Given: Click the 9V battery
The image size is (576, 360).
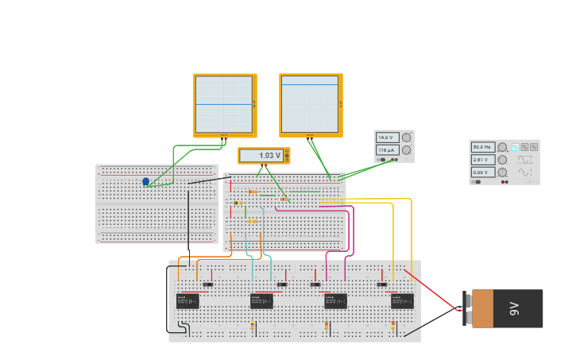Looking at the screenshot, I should pyautogui.click(x=507, y=308).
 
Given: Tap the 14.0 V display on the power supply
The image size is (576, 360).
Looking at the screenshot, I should pyautogui.click(x=387, y=137).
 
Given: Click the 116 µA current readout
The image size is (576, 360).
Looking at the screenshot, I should pyautogui.click(x=387, y=149).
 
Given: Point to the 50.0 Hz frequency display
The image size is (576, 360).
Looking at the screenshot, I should pyautogui.click(x=482, y=147).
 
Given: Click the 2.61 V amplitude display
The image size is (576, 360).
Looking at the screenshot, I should pyautogui.click(x=482, y=160).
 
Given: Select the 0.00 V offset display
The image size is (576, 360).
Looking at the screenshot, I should pyautogui.click(x=482, y=172).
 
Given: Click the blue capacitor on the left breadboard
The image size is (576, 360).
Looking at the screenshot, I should pyautogui.click(x=145, y=182).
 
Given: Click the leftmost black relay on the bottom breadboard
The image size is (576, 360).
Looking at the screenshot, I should pyautogui.click(x=187, y=301).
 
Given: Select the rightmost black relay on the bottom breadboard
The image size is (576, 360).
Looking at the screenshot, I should pyautogui.click(x=402, y=301).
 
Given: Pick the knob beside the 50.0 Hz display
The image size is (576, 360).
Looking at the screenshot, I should pyautogui.click(x=501, y=147).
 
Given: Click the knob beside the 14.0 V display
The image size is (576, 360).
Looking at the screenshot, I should pyautogui.click(x=407, y=137).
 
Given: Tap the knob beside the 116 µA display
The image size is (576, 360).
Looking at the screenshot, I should pyautogui.click(x=407, y=149).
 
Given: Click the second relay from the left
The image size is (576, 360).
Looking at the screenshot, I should pyautogui.click(x=261, y=301).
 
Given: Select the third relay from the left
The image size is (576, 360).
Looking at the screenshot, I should pyautogui.click(x=334, y=301).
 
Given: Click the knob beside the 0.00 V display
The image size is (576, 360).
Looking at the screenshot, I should pyautogui.click(x=501, y=172).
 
